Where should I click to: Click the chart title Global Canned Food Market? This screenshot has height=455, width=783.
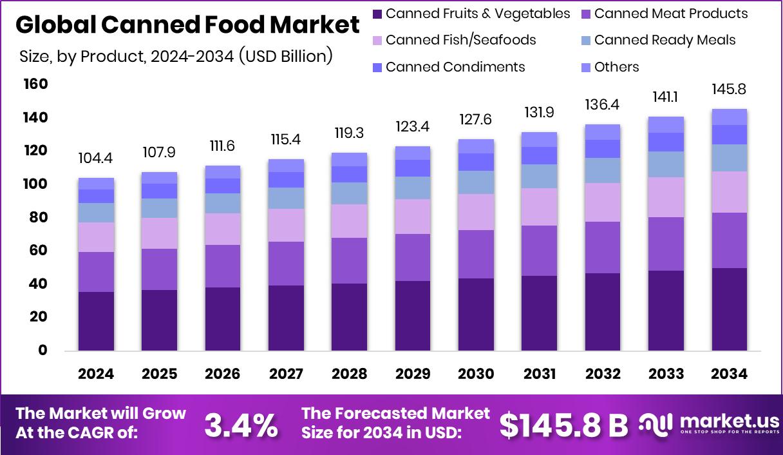tap(187, 25)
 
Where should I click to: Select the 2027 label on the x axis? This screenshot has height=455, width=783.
tap(286, 374)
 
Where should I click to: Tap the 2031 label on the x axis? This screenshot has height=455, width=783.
tap(539, 374)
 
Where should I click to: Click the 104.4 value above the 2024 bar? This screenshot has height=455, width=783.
tap(96, 159)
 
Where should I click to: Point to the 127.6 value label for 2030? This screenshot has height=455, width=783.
tap(476, 121)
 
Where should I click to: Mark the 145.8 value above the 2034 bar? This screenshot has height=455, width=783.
tap(729, 90)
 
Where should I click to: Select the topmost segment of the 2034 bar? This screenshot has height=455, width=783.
tap(729, 117)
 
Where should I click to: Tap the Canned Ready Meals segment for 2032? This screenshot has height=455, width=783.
tap(602, 170)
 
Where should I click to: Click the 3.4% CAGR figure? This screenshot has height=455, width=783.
tap(241, 425)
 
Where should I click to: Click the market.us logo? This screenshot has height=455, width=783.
tap(708, 424)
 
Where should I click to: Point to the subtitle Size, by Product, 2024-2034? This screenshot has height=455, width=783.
tap(176, 56)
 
